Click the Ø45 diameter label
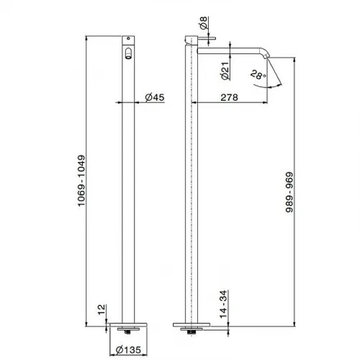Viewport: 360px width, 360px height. [x=155, y=97]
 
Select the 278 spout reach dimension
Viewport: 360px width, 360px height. [x=229, y=97]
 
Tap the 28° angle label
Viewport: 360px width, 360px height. [x=258, y=75]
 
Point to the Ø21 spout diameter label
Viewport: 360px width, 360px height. [x=225, y=71]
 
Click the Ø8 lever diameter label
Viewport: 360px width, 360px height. [x=203, y=23]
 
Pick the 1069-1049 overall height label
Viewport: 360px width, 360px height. [x=81, y=181]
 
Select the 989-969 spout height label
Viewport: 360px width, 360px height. [x=289, y=192]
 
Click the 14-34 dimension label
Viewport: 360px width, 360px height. [x=223, y=304]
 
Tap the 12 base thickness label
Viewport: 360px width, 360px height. [x=102, y=310]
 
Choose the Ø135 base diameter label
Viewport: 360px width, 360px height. [x=128, y=350]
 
